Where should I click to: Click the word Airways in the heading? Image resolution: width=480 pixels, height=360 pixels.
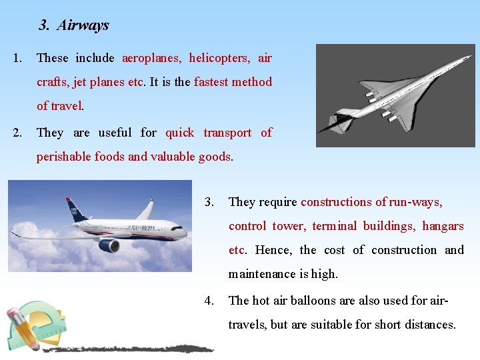(x=83, y=25)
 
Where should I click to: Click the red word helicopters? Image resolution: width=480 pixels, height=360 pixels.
(x=219, y=58)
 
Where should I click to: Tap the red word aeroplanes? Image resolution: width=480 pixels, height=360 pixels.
(x=151, y=58)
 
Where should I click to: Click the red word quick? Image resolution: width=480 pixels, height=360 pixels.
(x=179, y=133)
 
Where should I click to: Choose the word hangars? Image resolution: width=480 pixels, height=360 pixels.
(x=443, y=226)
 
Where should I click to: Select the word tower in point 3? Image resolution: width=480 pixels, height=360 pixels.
(x=288, y=226)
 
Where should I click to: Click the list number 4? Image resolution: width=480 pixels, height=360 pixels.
(x=209, y=301)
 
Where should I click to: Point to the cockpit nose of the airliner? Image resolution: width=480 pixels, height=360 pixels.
(x=181, y=231)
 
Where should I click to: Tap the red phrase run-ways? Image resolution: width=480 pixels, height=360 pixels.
(x=417, y=202)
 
